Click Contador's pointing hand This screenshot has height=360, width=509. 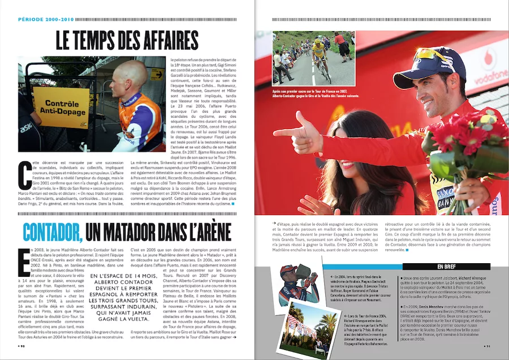pyautogui.click(x=300, y=134)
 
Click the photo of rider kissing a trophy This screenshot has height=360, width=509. pyautogui.click(x=299, y=284)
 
